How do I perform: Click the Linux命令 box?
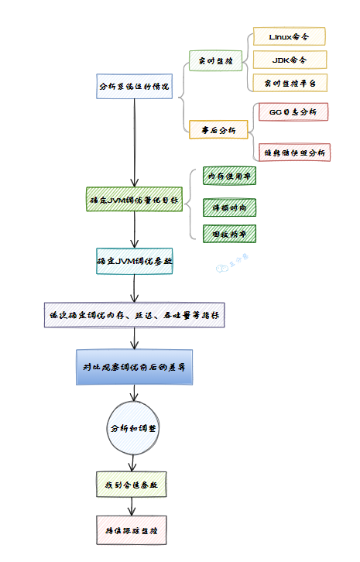coord(289,36)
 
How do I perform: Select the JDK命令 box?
coord(289,60)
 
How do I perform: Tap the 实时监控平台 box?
coord(289,82)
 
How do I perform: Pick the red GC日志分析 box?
coord(293,111)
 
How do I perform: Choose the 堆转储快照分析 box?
coord(294,152)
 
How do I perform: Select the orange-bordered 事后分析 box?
coord(218,129)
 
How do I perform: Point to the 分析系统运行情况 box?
coord(134,86)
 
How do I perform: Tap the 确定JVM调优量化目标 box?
coord(134,200)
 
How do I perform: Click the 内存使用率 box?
coord(229,176)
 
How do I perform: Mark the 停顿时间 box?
coord(229,207)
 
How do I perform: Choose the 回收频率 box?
coord(229,233)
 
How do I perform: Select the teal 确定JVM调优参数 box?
coord(134,262)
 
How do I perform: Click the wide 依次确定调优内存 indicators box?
coord(134,315)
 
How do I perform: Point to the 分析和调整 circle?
coord(134,427)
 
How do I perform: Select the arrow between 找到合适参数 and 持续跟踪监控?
coord(132,506)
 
